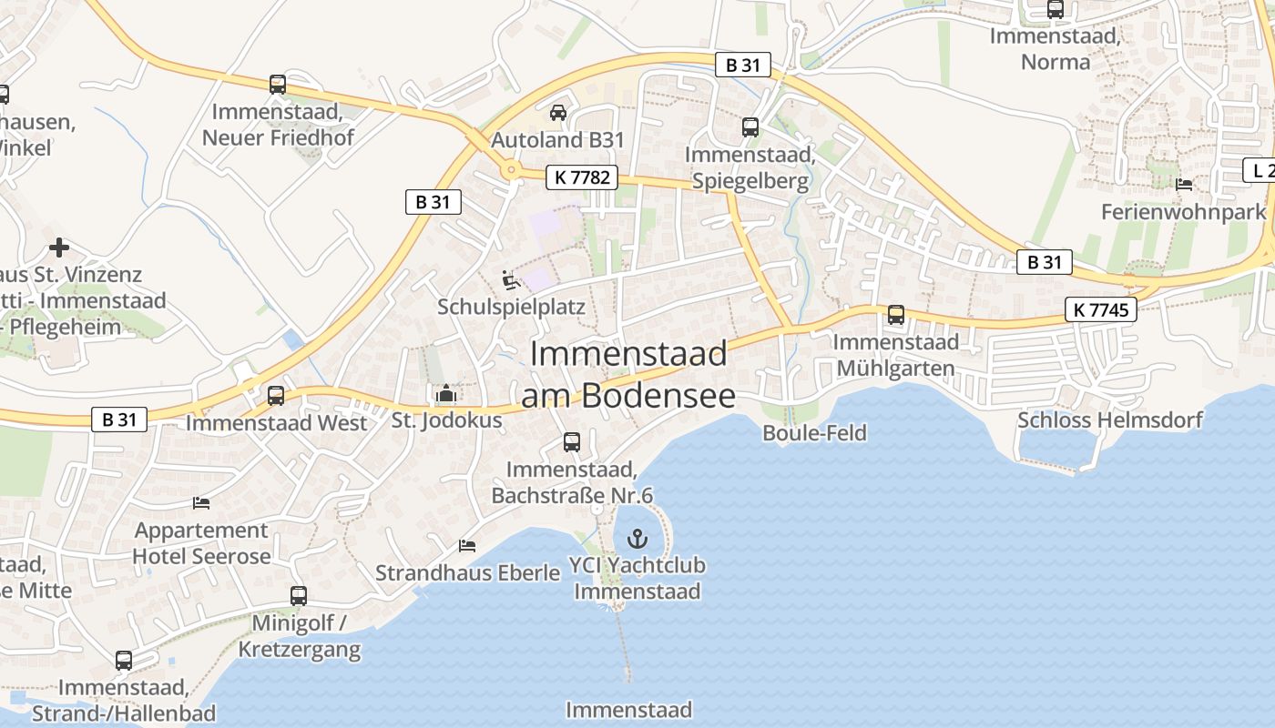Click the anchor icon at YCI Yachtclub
coord(637,538)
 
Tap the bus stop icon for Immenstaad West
coord(276,396)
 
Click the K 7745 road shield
coord(1101,309)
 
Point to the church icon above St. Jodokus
coord(445,394)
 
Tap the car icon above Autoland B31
coord(558,113)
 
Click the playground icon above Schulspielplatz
coord(510,279)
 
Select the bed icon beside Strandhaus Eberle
coord(467,545)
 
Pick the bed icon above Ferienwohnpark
coord(1184,185)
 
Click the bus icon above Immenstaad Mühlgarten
coord(896,315)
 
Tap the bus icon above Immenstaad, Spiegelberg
coord(750,127)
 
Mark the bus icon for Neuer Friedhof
coord(278,85)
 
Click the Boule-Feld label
coord(814,432)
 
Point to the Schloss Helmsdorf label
coord(1109,420)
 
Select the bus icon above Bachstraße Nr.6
coord(572,442)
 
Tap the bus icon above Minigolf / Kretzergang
coord(299,596)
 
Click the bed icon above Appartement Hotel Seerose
coord(201,502)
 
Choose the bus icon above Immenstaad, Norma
coord(1055,9)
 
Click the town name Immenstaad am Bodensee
coord(628,374)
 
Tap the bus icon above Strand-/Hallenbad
coord(124,661)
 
